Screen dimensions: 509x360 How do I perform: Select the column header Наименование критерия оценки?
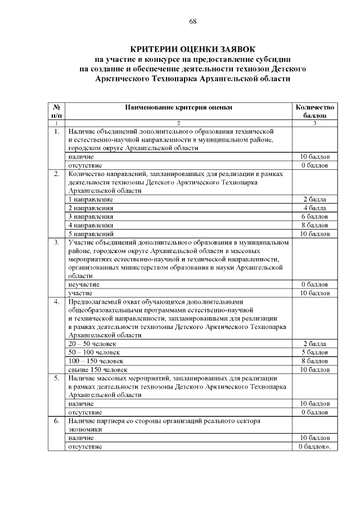pos(178,106)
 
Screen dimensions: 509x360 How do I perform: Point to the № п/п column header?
pos(56,111)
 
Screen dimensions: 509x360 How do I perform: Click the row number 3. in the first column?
pos(56,242)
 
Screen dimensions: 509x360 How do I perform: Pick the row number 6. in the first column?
pos(56,420)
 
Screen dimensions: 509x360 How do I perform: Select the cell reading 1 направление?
pos(91,200)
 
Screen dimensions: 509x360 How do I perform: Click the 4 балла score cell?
pos(315,208)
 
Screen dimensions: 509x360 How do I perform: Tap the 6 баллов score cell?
pos(315,217)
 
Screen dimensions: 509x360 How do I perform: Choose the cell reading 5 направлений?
pos(91,233)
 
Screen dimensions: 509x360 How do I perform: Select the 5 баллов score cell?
pos(315,352)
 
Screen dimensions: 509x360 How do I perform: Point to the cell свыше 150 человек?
pos(94,370)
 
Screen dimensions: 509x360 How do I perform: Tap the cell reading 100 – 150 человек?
pos(96,361)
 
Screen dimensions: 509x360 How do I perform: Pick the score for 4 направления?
pos(315,225)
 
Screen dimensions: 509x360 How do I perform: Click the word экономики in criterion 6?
pos(85,429)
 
